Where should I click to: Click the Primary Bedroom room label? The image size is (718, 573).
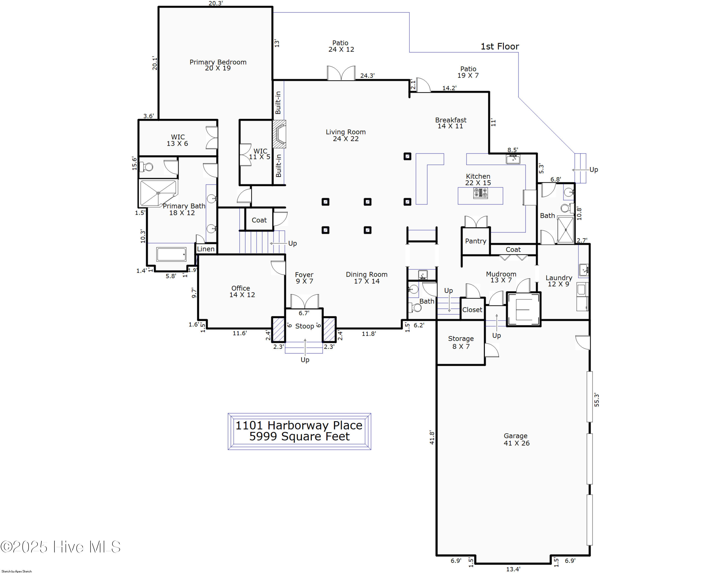coord(218,65)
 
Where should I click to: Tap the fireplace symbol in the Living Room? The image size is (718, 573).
coord(279,134)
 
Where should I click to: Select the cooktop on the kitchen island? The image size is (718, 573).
coord(481,193)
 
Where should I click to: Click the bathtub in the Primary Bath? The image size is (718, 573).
coord(172,254)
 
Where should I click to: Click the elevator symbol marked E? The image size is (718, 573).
coord(523,309)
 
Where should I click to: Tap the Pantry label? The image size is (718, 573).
coord(476,241)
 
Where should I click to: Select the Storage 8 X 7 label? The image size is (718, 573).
coord(461,342)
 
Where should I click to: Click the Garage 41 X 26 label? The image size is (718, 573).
coord(516,439)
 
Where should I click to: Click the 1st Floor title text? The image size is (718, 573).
coord(499,46)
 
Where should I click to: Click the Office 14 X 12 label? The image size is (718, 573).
coord(242,291)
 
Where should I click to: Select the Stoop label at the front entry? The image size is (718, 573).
coord(304,326)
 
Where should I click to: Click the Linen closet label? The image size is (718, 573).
coord(206,249)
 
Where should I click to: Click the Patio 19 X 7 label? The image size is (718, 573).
coord(468,72)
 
